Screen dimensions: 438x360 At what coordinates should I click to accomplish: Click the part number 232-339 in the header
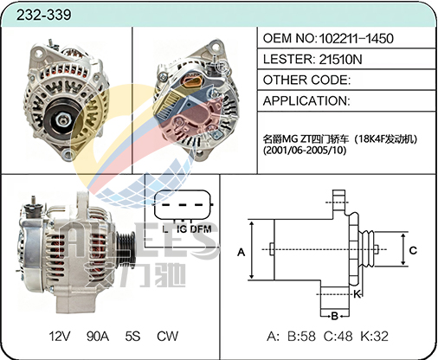tap(43, 15)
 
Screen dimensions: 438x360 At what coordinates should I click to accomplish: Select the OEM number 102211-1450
tap(356, 38)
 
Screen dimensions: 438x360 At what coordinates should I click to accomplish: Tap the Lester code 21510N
tap(340, 59)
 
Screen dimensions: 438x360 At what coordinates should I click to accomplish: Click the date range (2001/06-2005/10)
tap(305, 151)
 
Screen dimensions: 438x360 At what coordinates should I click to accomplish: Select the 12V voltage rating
tap(60, 336)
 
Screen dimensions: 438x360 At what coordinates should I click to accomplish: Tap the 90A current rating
tap(98, 336)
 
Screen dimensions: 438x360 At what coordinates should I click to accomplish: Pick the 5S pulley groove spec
tap(132, 336)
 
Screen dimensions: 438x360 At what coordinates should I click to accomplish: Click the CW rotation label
tap(168, 336)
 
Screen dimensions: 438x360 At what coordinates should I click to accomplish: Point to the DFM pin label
tap(201, 229)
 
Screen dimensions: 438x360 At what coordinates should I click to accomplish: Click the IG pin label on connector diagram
tap(182, 229)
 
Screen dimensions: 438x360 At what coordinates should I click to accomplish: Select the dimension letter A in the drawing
tap(242, 253)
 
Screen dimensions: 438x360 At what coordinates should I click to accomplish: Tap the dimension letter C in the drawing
tap(413, 250)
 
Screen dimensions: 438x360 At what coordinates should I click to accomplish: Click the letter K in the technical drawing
tap(357, 294)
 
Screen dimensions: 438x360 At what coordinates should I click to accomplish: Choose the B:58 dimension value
tap(301, 337)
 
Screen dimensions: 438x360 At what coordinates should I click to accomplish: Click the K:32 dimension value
tap(375, 337)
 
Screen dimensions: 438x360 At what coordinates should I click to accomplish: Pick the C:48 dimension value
tap(338, 337)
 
